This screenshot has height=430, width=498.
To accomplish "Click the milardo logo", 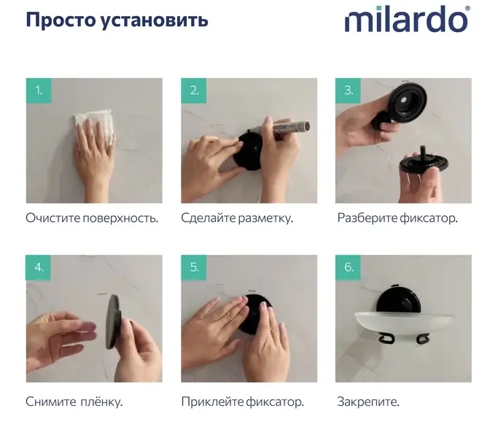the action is pos(407,20).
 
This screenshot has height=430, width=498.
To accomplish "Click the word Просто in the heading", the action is pos(61,20).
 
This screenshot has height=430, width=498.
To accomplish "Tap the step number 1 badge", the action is pos(39,91).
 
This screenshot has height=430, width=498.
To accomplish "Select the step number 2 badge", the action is pos(194,91).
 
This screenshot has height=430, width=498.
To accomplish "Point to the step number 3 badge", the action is pos(348,91).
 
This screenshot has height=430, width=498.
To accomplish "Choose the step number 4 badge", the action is pos(39,267).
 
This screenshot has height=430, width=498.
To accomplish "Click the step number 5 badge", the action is pos(194,267).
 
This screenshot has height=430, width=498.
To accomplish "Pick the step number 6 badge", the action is pos(348,267).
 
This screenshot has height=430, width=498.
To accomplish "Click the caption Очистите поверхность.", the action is pos(92,218).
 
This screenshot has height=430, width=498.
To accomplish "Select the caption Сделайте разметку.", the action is pos(237,218).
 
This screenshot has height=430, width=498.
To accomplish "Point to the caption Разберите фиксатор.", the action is pos(397,218).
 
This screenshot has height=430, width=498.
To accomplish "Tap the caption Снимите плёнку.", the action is pos(74,402).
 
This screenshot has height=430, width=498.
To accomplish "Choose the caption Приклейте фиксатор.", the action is pos(243,402).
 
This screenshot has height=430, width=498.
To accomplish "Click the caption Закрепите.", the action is pos(368,402).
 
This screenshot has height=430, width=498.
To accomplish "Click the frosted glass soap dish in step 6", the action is pos(403,323).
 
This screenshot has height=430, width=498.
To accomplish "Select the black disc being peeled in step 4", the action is pos(113,321).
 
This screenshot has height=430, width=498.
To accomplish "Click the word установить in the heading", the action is pos(155,21).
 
